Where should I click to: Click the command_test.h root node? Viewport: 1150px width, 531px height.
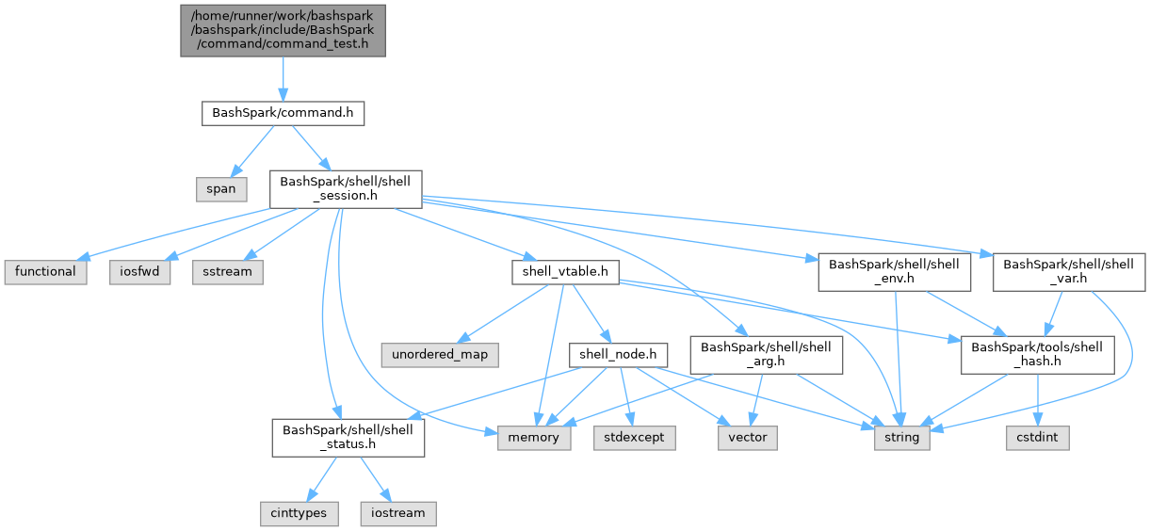283,29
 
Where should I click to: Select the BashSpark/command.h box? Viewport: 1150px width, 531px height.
283,113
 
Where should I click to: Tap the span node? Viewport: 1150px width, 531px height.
221,188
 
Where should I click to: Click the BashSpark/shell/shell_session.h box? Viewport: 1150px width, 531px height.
346,188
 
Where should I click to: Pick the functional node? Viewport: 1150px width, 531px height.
45,271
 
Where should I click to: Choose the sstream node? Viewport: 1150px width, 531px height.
229,271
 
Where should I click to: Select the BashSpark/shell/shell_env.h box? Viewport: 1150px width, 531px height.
895,271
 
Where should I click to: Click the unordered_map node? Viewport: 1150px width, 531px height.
440,355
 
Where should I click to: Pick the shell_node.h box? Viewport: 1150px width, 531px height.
619,355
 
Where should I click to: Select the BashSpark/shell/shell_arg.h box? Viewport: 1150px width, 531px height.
766,355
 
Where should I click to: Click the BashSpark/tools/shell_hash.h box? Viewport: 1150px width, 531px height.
1037,355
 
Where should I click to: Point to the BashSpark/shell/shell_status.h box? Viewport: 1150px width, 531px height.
348,438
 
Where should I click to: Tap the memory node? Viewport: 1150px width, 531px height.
534,438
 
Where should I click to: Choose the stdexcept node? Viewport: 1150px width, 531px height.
635,438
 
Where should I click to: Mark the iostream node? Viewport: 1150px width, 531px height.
397,514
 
